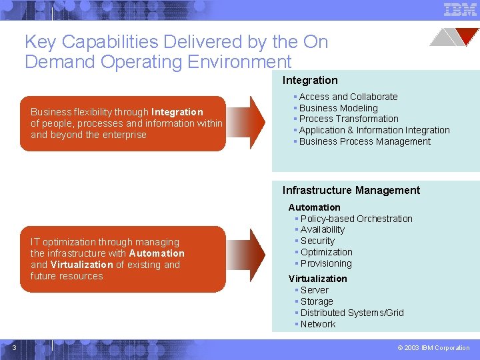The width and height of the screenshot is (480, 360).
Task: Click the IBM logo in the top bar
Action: tap(459, 9)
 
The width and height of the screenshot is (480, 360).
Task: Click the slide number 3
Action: tap(14, 346)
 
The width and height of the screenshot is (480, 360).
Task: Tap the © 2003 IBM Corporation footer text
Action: tap(433, 347)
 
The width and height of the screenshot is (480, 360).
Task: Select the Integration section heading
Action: tap(310, 80)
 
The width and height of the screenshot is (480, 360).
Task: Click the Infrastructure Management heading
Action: tap(351, 191)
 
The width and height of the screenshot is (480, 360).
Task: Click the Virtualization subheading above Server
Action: tap(318, 279)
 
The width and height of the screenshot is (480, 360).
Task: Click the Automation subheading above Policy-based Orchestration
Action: tap(315, 207)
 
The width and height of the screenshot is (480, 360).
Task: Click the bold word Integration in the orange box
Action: tap(177, 112)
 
